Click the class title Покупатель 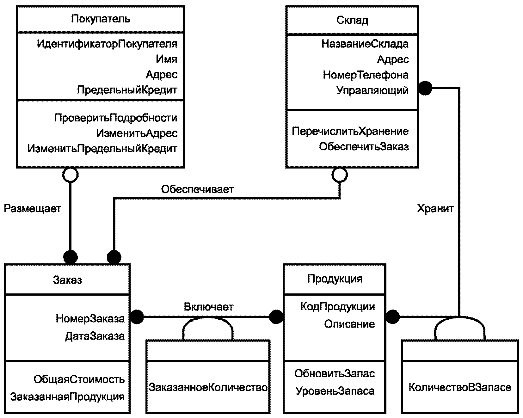[101, 19]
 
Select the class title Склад [352, 20]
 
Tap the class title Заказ [67, 280]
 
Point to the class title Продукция [335, 279]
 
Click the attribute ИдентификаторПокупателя [107, 44]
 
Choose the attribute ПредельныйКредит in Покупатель [127, 90]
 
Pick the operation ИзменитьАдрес [137, 133]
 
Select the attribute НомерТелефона [366, 75]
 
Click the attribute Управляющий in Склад [372, 90]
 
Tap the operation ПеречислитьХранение [350, 131]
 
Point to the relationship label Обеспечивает [198, 189]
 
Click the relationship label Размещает [33, 209]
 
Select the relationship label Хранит [436, 209]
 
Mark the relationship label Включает [209, 307]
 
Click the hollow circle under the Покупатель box [70, 175]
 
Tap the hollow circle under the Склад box [340, 175]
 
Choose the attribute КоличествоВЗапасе [460, 387]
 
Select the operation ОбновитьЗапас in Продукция [335, 374]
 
